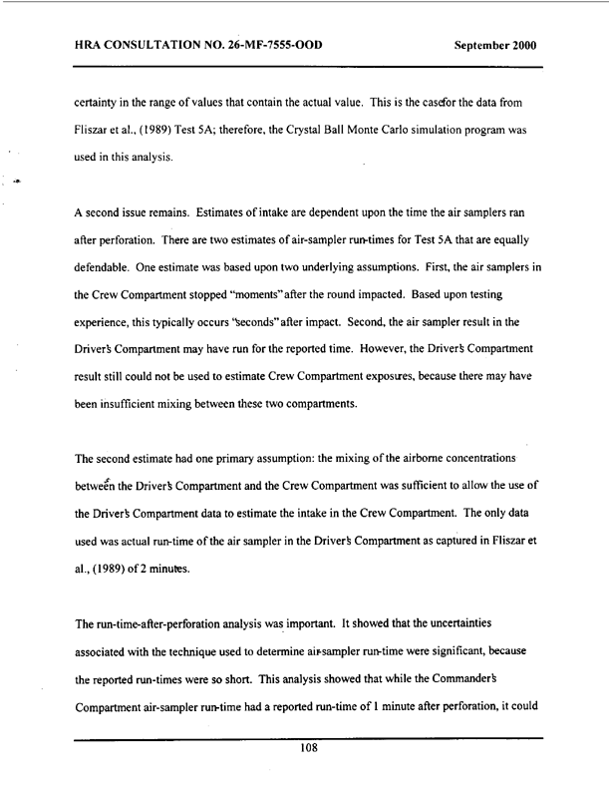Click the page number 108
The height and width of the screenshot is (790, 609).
[308, 751]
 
